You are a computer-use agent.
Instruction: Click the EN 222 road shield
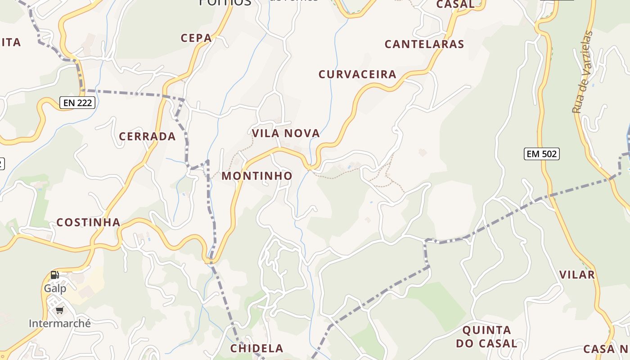click(77, 103)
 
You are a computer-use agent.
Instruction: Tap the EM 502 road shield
click(542, 154)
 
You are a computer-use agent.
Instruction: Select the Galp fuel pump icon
click(54, 274)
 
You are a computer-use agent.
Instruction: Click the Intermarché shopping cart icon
click(59, 310)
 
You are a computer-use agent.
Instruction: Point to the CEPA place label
click(196, 38)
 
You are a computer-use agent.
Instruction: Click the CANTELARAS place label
click(424, 44)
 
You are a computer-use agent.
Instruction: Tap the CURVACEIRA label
click(357, 74)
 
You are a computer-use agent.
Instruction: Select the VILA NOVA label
click(286, 133)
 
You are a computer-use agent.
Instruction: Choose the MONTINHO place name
click(257, 176)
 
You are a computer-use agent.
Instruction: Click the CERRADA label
click(147, 136)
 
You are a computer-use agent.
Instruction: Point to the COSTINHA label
click(88, 222)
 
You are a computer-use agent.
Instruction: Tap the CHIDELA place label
click(257, 348)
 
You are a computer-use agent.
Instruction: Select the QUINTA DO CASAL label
click(486, 337)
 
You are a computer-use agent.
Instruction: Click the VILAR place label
click(577, 274)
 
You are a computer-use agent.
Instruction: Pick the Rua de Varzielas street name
click(582, 72)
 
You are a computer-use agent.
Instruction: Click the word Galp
click(55, 288)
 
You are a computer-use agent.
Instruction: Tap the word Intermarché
click(60, 324)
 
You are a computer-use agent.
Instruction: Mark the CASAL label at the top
click(455, 4)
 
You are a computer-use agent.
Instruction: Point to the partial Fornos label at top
click(225, 2)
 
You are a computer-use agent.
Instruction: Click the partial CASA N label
click(606, 349)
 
